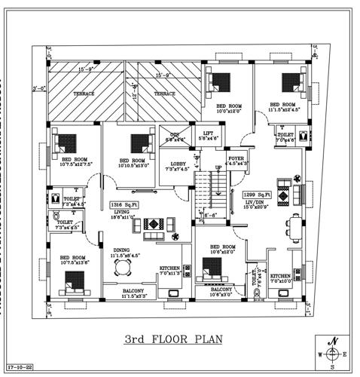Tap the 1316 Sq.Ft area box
(x=121, y=204)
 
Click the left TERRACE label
(x=84, y=94)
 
